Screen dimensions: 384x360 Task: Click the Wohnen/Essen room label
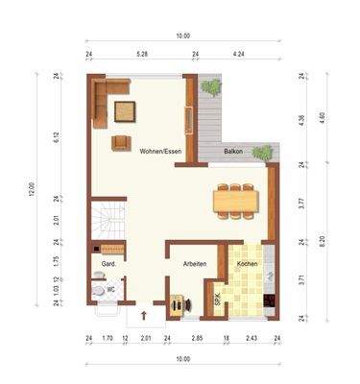[x=160, y=152]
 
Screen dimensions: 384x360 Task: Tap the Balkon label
[x=233, y=152]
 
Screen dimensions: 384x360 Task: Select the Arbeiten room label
[x=189, y=262]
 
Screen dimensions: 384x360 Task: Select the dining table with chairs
[x=235, y=199]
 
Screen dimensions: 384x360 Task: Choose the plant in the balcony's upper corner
[x=211, y=87]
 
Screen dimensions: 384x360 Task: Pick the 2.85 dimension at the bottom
[x=196, y=339]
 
